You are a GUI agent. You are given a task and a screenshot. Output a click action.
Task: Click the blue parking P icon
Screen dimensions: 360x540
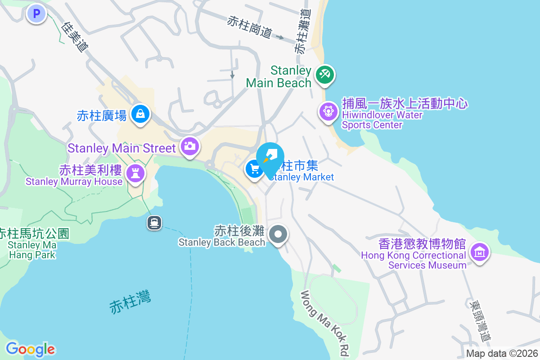(36, 13)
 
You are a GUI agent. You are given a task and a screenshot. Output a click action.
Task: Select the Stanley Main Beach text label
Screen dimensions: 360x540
(279, 77)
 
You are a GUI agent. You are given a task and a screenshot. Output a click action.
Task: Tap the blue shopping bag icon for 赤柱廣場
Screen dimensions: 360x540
(140, 114)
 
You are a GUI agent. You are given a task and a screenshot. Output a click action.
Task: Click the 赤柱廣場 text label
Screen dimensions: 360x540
(102, 116)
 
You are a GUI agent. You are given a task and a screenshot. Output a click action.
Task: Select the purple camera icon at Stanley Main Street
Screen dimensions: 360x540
(189, 146)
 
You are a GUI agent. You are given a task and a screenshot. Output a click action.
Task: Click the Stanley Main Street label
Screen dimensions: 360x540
(121, 148)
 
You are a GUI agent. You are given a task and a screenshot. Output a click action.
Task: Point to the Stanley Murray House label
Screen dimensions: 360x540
(74, 181)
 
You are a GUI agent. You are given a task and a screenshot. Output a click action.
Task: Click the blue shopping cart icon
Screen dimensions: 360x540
(255, 169)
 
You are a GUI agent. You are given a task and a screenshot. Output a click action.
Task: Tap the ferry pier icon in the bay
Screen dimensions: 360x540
(154, 222)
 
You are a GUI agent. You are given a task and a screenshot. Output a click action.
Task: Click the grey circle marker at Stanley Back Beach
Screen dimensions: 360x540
(279, 234)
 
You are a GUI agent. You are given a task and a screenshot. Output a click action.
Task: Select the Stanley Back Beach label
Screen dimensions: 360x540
(222, 242)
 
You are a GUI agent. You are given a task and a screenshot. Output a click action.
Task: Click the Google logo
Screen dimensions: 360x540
(30, 349)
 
